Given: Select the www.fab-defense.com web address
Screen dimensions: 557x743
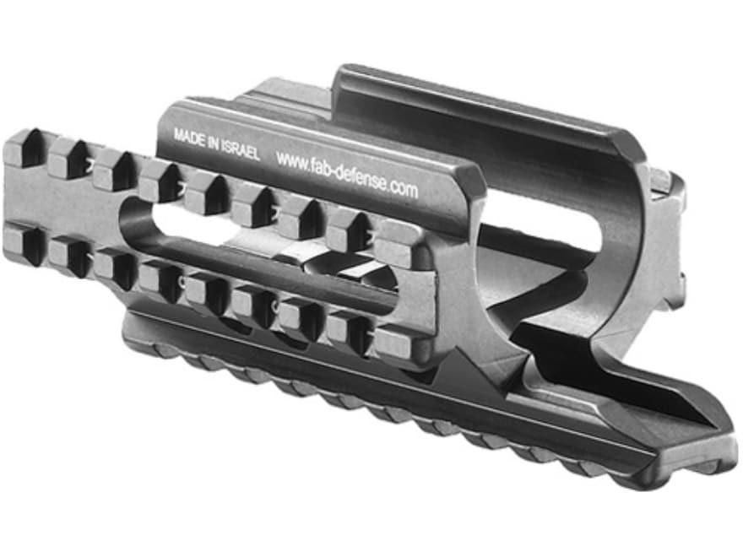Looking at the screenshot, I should pyautogui.click(x=346, y=174).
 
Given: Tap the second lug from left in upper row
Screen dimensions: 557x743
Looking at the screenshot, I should pyautogui.click(x=68, y=158).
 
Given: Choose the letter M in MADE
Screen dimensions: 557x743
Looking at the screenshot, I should pyautogui.click(x=178, y=133).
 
